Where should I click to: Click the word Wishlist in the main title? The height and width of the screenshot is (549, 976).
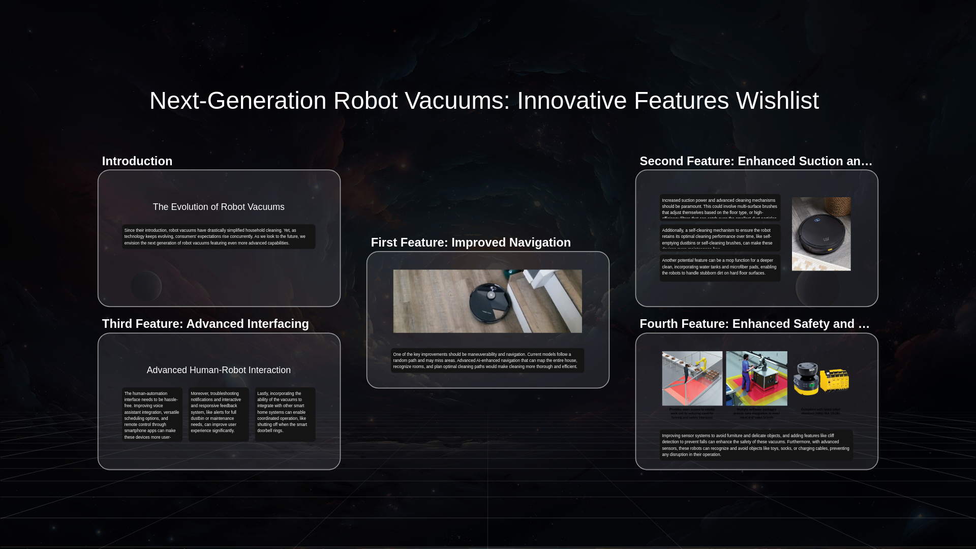777,101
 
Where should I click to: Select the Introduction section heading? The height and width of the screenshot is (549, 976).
137,161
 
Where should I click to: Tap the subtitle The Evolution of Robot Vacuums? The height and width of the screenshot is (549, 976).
219,207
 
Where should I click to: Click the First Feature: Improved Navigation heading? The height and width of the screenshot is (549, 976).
471,242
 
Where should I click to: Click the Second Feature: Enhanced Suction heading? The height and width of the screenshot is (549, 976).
756,161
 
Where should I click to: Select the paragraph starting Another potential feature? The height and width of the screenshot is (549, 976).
719,267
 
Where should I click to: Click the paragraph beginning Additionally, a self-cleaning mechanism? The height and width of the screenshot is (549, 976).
719,237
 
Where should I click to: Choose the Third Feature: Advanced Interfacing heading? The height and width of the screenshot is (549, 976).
205,324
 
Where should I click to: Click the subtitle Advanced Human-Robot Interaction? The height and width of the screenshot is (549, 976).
219,370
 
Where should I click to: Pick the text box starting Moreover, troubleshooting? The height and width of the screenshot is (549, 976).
219,412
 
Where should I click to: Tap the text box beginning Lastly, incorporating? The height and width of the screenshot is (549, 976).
285,412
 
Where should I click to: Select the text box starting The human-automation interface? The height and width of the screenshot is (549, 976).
152,415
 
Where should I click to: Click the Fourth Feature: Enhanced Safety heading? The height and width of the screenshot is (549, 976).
754,324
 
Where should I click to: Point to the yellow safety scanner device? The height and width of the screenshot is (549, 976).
820,379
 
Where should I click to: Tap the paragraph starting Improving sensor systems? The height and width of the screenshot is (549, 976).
756,445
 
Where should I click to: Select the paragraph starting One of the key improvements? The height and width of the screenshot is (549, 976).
487,360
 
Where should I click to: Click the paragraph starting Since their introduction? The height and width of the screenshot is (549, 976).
219,237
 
